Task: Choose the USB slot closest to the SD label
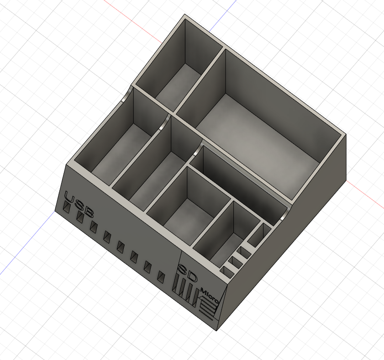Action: tap(161, 276)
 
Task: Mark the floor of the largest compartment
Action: tap(256, 137)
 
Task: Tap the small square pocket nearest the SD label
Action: tap(227, 271)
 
